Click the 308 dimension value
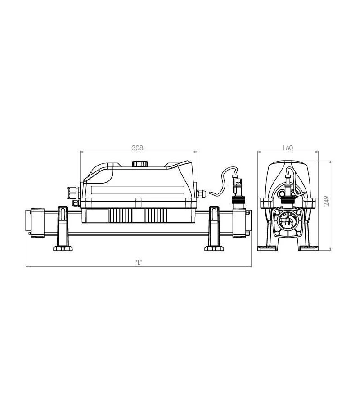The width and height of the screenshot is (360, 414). click(138, 148)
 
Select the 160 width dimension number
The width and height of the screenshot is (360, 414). click(288, 148)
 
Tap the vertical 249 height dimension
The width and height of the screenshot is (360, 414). click(327, 201)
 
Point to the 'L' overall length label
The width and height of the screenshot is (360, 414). click(139, 263)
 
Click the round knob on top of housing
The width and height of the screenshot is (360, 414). click(138, 164)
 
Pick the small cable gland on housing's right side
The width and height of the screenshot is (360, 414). click(201, 193)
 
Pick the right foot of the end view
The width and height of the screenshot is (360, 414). click(310, 247)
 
